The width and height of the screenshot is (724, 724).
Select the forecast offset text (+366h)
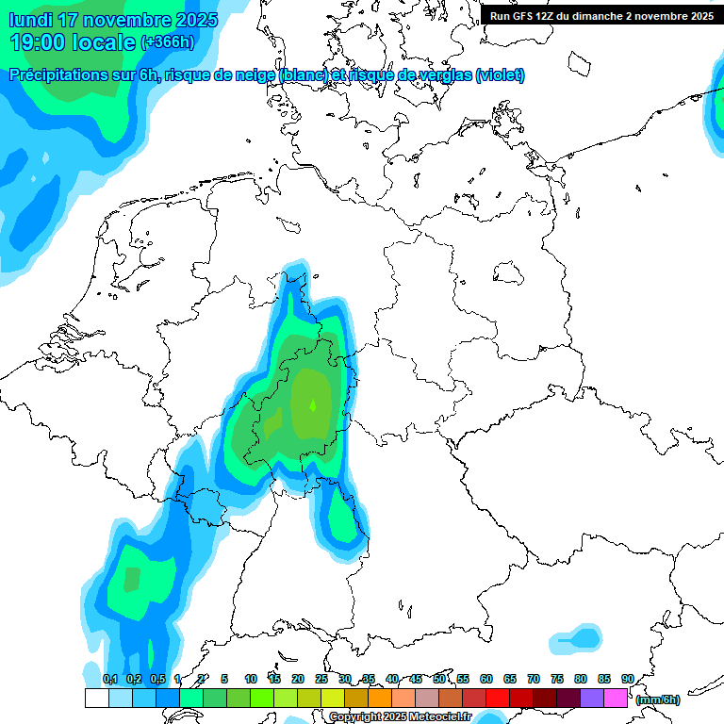point(168,42)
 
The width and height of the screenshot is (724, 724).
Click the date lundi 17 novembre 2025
point(113,20)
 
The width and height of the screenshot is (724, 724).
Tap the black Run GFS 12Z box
point(601,15)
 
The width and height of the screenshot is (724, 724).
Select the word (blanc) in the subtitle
point(304,75)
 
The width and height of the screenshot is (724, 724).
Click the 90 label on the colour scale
point(628,679)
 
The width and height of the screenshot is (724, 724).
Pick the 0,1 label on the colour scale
point(109,679)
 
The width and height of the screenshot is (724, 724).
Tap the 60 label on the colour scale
point(486,679)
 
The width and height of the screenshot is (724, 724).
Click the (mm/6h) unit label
point(657,699)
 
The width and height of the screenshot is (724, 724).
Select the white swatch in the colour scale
point(96,698)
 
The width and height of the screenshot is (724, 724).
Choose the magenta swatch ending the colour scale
point(616,698)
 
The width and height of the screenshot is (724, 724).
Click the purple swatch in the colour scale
point(592,698)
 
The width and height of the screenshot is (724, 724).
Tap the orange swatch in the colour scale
point(380,698)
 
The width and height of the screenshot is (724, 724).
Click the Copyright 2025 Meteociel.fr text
point(401,717)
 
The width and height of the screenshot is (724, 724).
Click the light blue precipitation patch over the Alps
point(576,639)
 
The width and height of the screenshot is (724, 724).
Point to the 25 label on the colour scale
point(321,679)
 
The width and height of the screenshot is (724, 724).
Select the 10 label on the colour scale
point(251,679)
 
